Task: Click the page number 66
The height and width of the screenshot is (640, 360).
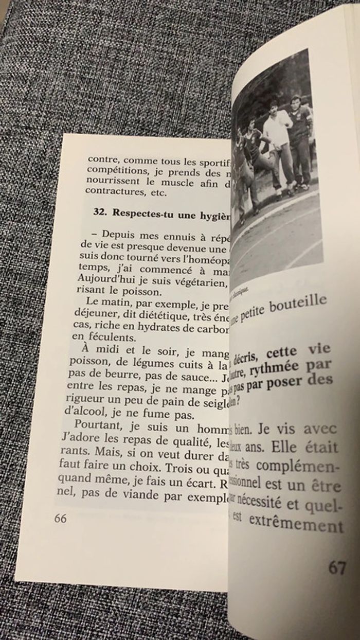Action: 60,518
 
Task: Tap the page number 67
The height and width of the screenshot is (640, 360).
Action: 337,568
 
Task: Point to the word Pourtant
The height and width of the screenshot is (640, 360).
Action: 96,426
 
